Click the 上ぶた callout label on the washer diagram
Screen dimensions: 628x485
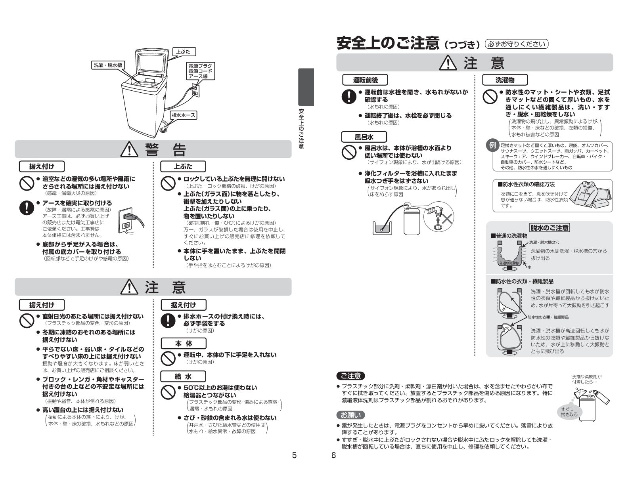coord(184,52)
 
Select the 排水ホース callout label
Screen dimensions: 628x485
coord(184,115)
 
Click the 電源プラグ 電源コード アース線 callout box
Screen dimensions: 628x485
coord(200,71)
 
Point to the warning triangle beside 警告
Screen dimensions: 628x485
coord(129,149)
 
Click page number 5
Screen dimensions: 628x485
coord(294,455)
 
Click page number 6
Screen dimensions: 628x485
coord(333,455)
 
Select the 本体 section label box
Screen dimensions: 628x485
coord(183,344)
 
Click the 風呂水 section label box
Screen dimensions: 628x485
coord(364,137)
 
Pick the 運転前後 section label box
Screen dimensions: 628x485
coord(365,80)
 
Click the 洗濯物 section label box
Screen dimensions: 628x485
coord(505,80)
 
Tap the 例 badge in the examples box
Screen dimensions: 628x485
coord(492,145)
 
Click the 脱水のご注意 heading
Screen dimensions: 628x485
coord(549,227)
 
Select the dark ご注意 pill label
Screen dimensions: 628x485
coord(350,376)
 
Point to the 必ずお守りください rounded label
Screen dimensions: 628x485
coord(517,44)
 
